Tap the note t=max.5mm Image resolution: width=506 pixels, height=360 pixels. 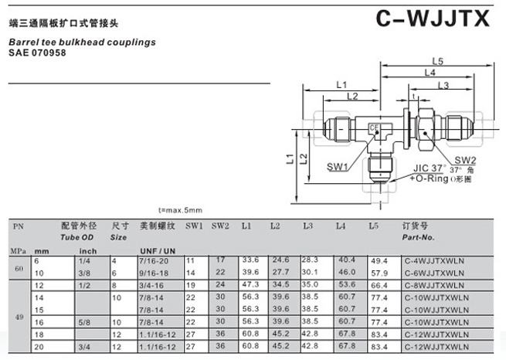coord(180,210)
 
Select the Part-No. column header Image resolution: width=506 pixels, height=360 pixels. coord(419,238)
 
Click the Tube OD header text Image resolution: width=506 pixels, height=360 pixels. coord(78,238)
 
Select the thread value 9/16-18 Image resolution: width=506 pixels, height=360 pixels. coord(154,273)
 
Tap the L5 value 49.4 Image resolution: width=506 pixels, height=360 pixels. coord(379,262)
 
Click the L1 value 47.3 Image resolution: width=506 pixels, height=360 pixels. coord(250,285)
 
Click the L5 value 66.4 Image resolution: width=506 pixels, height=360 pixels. coord(379,286)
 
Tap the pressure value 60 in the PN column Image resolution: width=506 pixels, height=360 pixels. coord(19,267)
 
